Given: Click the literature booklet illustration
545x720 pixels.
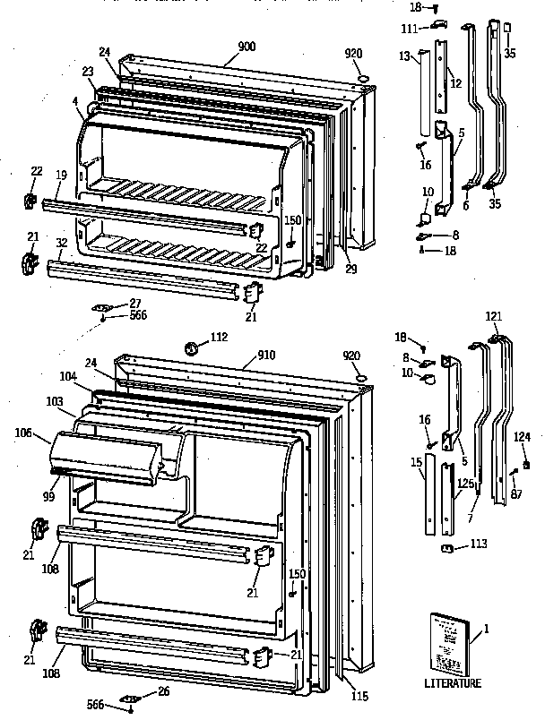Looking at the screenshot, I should tap(448, 643).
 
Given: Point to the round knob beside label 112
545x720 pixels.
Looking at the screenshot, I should tap(190, 347).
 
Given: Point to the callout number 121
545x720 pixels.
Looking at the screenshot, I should tap(494, 316).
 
